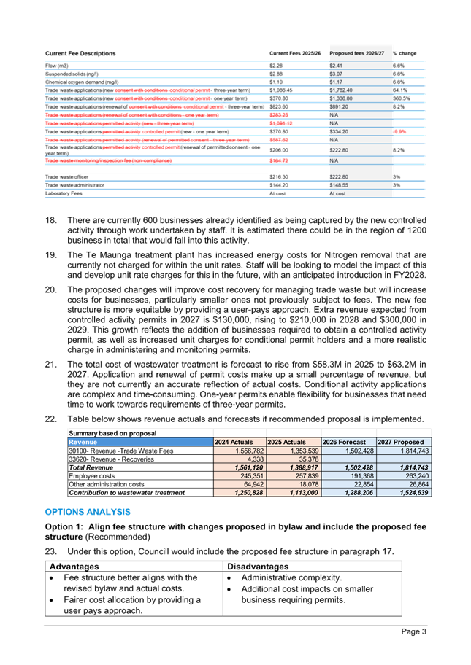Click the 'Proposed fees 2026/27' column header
click(356, 53)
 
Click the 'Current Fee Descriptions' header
click(80, 53)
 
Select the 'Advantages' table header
click(74, 566)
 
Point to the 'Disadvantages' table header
click(258, 566)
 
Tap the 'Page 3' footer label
click(413, 631)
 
